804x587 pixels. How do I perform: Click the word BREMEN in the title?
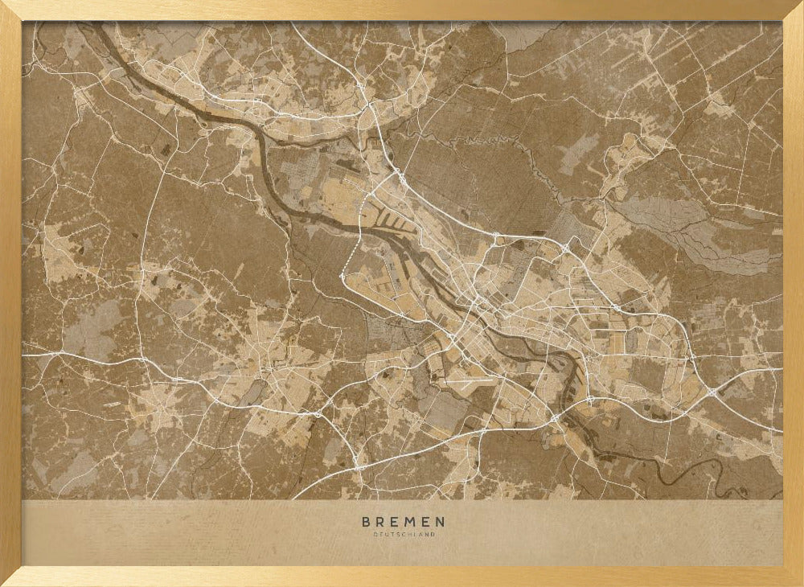pyautogui.click(x=403, y=522)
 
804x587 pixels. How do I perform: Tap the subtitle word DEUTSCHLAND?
pyautogui.click(x=403, y=535)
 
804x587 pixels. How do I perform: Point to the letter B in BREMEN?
pyautogui.click(x=366, y=522)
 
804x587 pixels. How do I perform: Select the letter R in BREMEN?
pyautogui.click(x=380, y=522)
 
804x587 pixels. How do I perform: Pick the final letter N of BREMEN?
pyautogui.click(x=440, y=522)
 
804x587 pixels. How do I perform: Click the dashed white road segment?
pyautogui.click(x=350, y=257)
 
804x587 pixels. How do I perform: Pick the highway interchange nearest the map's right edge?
pyautogui.click(x=713, y=392)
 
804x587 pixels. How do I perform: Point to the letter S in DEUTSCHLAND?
pyautogui.click(x=399, y=535)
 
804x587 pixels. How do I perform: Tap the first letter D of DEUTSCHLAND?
pyautogui.click(x=374, y=535)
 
